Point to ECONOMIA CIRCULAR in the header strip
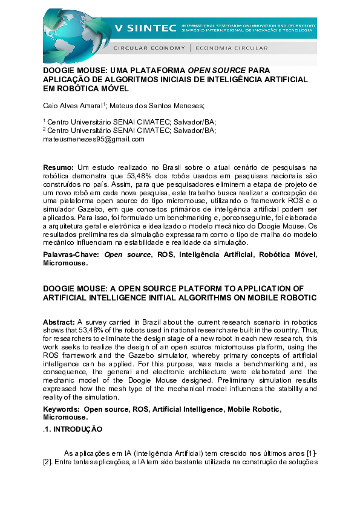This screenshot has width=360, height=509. click(224, 47)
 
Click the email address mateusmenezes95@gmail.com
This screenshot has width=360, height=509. click(94, 139)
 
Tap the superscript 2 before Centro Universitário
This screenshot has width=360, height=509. click(44, 128)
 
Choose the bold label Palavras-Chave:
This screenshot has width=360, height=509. click(71, 255)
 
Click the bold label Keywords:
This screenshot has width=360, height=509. click(62, 409)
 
